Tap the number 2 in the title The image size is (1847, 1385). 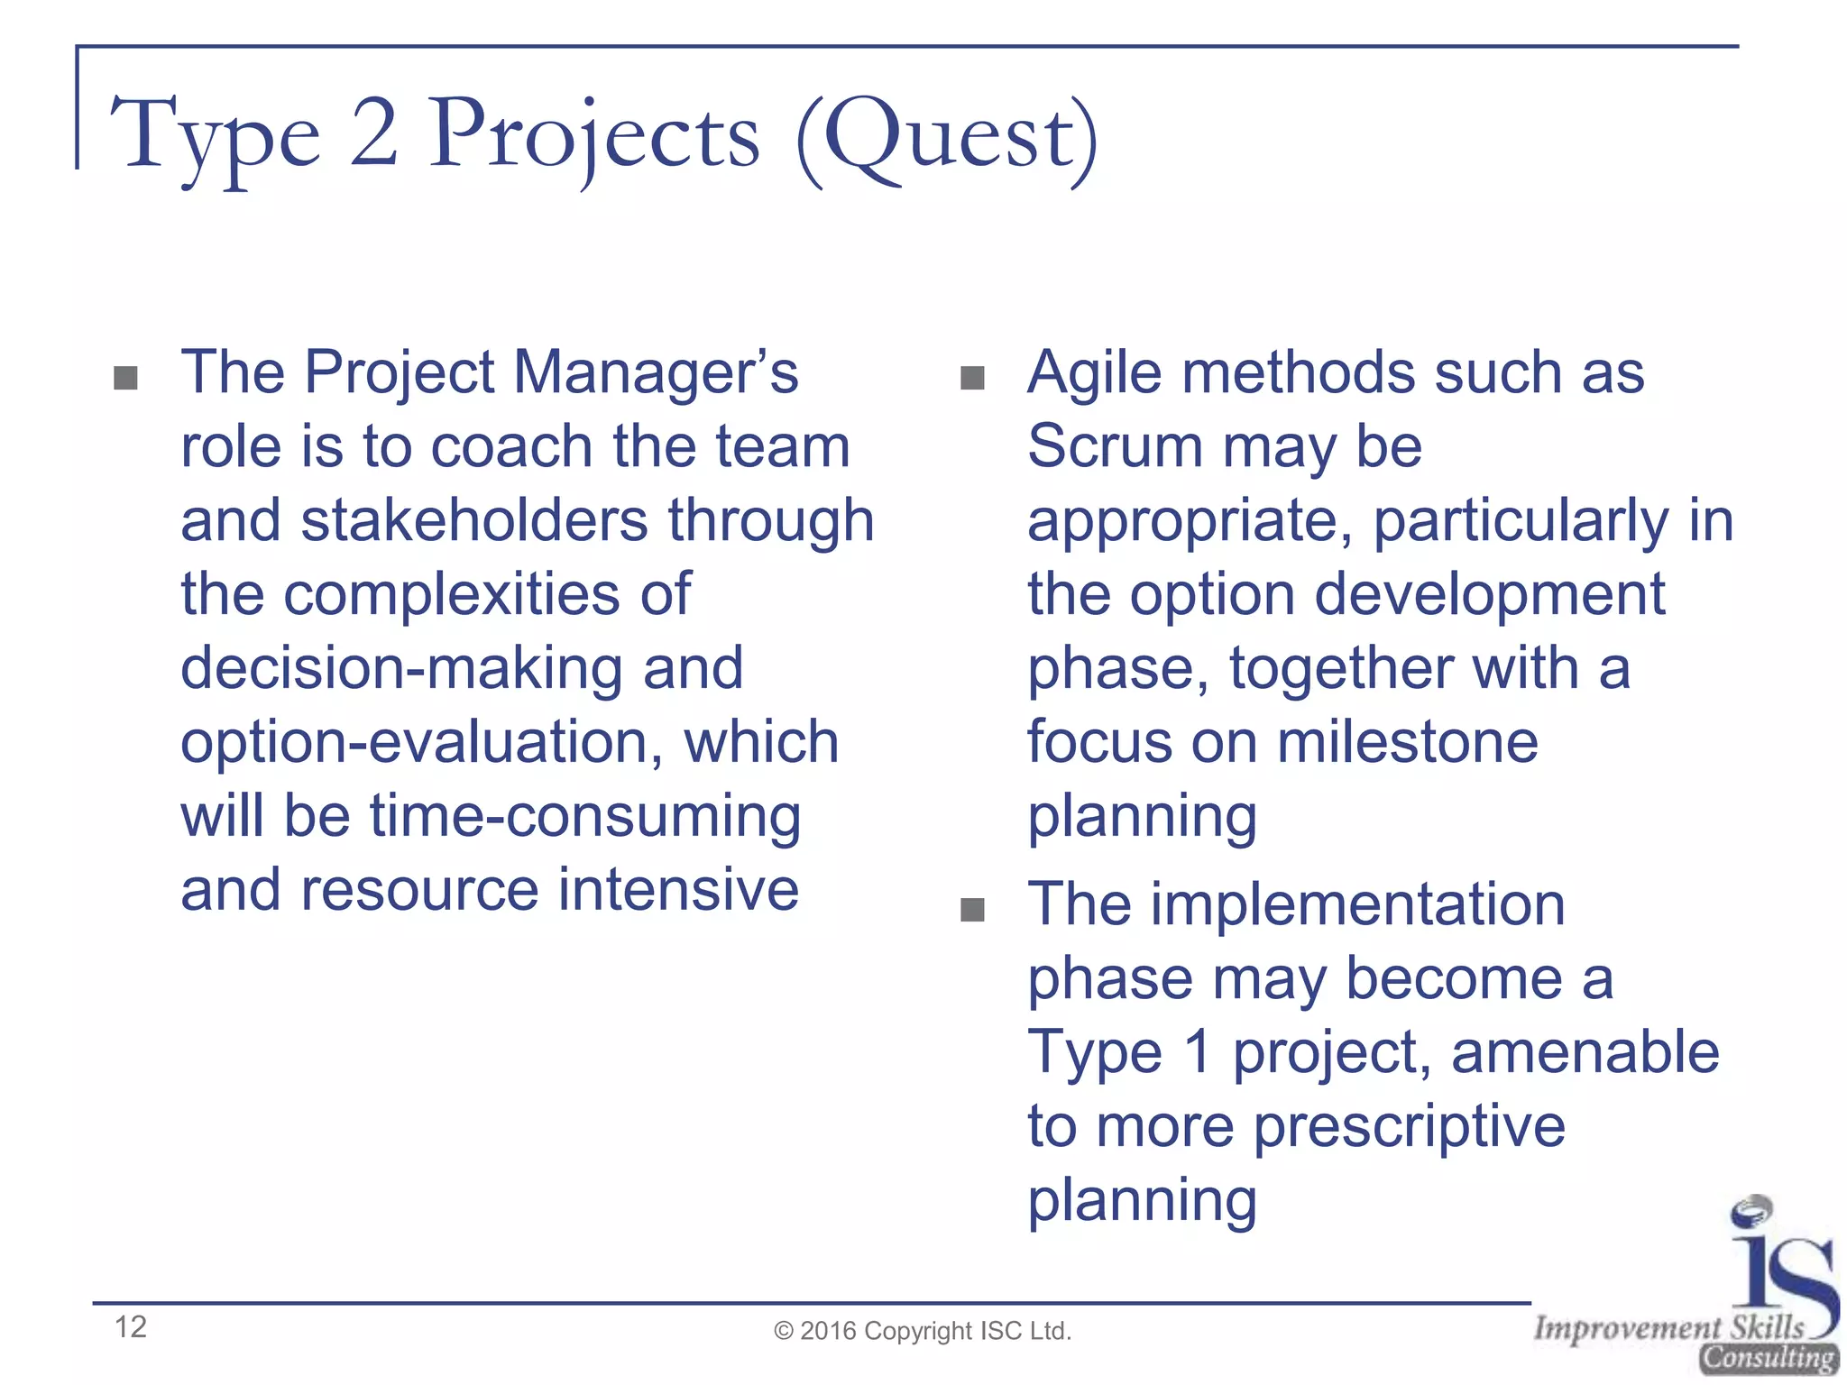pos(373,135)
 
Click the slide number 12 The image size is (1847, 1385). pos(131,1326)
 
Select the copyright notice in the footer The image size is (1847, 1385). pos(923,1331)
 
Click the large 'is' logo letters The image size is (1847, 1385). pos(1780,1262)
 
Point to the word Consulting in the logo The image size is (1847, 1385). pos(1768,1358)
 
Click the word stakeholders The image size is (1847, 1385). pos(474,520)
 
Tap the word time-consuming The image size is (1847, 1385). pos(585,816)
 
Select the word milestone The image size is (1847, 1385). pos(1407,742)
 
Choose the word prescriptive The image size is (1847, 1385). pos(1409,1126)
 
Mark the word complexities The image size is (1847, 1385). pos(452,594)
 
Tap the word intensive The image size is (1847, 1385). pos(678,890)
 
